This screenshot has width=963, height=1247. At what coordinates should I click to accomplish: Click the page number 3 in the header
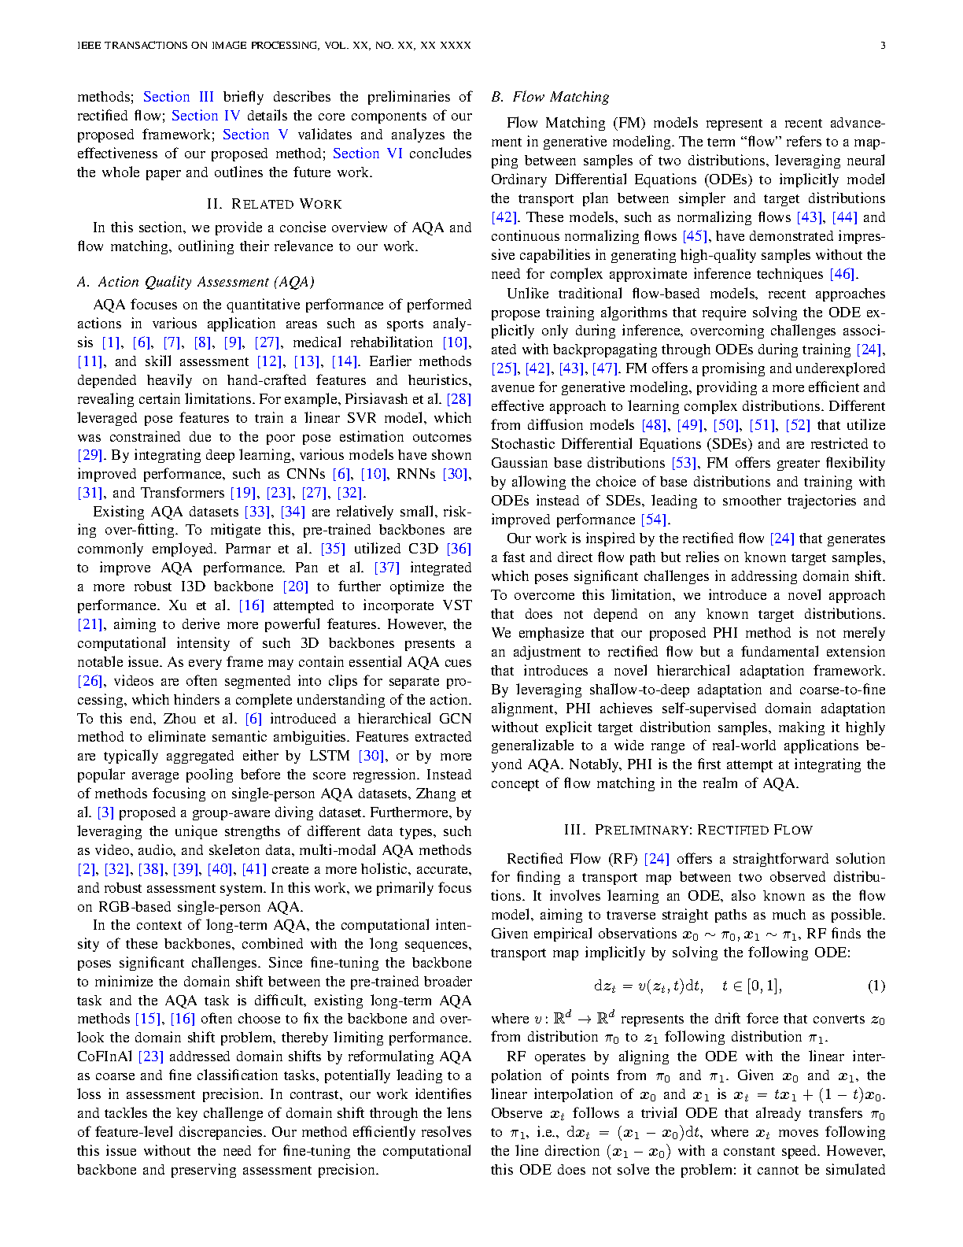click(x=882, y=46)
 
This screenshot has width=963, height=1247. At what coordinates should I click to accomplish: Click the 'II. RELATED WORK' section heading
click(x=274, y=204)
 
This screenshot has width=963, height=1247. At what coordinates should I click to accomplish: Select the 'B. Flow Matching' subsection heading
click(x=550, y=97)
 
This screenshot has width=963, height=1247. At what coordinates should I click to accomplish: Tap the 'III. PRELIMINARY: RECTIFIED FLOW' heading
click(x=688, y=830)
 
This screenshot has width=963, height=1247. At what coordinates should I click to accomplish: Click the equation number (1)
click(x=876, y=986)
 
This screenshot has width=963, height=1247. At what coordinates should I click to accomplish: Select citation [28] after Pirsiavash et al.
click(x=459, y=399)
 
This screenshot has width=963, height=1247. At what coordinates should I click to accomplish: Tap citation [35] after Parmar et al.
click(x=333, y=549)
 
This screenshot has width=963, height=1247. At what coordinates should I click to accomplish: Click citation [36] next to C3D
click(x=459, y=549)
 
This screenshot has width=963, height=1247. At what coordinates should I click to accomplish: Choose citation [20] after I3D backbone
click(x=295, y=586)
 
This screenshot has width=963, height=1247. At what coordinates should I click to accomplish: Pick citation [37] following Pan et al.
click(x=386, y=568)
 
